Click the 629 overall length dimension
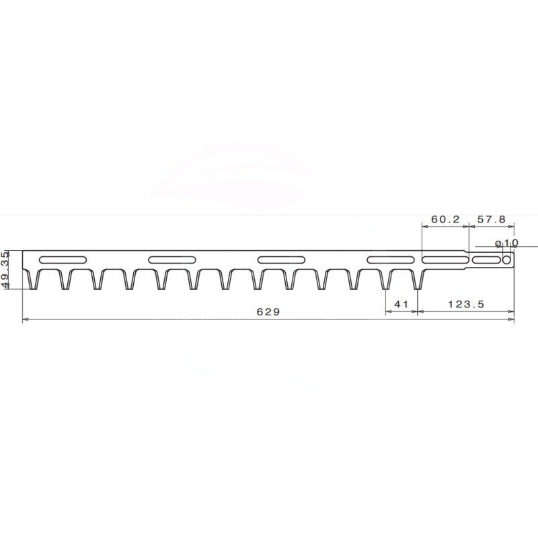[268, 311]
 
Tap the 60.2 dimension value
[445, 219]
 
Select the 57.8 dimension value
[492, 219]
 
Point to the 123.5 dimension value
[466, 304]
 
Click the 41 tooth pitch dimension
[401, 304]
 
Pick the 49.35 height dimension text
[6, 270]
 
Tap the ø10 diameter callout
[507, 243]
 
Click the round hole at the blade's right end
[506, 260]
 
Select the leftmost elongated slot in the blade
[63, 260]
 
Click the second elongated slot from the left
[172, 260]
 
